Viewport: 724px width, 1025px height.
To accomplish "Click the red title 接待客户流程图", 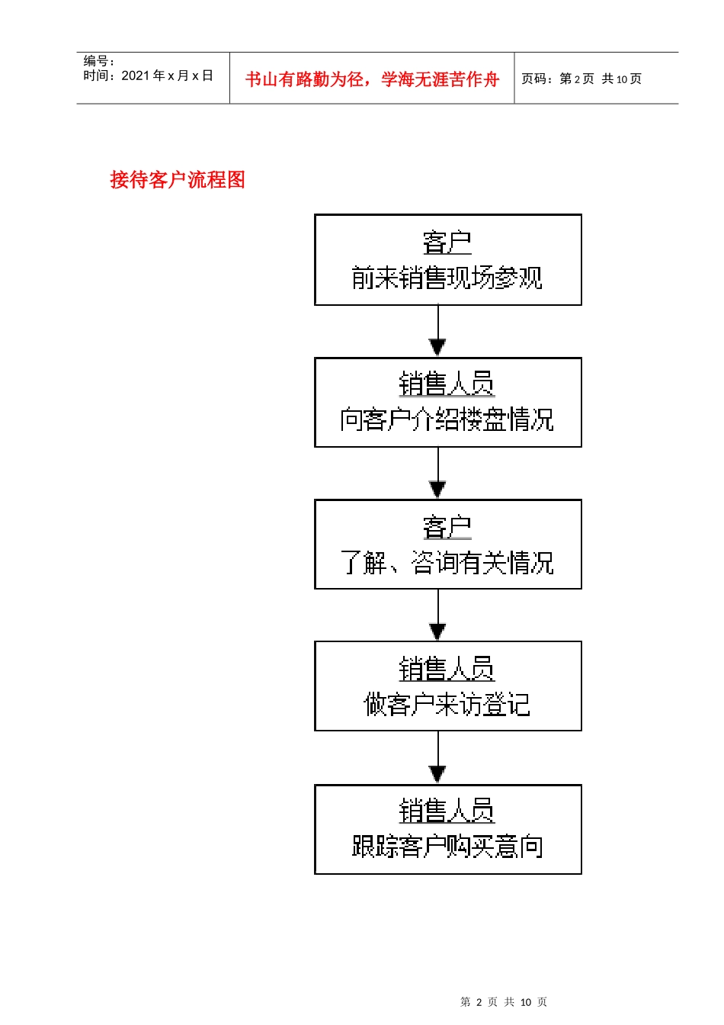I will (x=178, y=180).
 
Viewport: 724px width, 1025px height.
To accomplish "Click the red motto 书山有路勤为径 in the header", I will (x=372, y=79).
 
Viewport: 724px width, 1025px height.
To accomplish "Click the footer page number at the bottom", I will (x=504, y=1002).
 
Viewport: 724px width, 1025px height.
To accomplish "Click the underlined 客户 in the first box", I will (x=447, y=243).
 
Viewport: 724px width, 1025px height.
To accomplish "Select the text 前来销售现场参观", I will (x=447, y=278).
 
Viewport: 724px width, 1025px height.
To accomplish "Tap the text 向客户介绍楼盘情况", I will (x=447, y=420).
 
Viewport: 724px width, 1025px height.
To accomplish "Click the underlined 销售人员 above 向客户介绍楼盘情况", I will (x=447, y=384).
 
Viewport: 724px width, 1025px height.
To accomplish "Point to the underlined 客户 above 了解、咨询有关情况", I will (x=447, y=527).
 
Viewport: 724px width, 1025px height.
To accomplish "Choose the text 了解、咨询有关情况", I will (x=447, y=563).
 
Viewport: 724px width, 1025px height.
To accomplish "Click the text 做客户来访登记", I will (x=447, y=705).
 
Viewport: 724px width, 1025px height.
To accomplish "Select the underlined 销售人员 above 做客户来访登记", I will (x=447, y=670).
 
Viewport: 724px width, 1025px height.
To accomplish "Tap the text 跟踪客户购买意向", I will (x=447, y=847).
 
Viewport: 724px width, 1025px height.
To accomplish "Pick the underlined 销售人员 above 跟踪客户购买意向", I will (x=447, y=811).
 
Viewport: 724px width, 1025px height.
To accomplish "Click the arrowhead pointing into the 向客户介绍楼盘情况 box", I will (x=437, y=348).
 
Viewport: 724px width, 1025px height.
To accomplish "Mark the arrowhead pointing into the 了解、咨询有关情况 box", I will (x=437, y=490).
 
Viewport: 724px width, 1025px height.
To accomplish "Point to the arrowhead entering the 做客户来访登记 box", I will (x=437, y=631).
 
